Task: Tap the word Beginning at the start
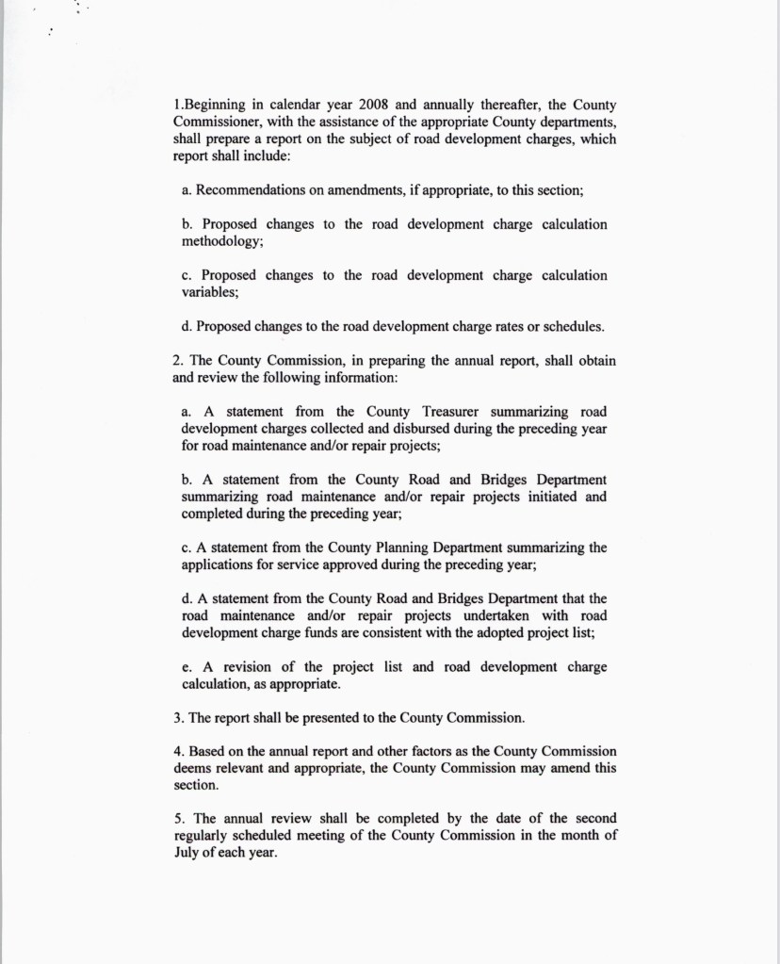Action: [216, 106]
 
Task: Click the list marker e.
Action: [185, 667]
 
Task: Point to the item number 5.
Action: [178, 819]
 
